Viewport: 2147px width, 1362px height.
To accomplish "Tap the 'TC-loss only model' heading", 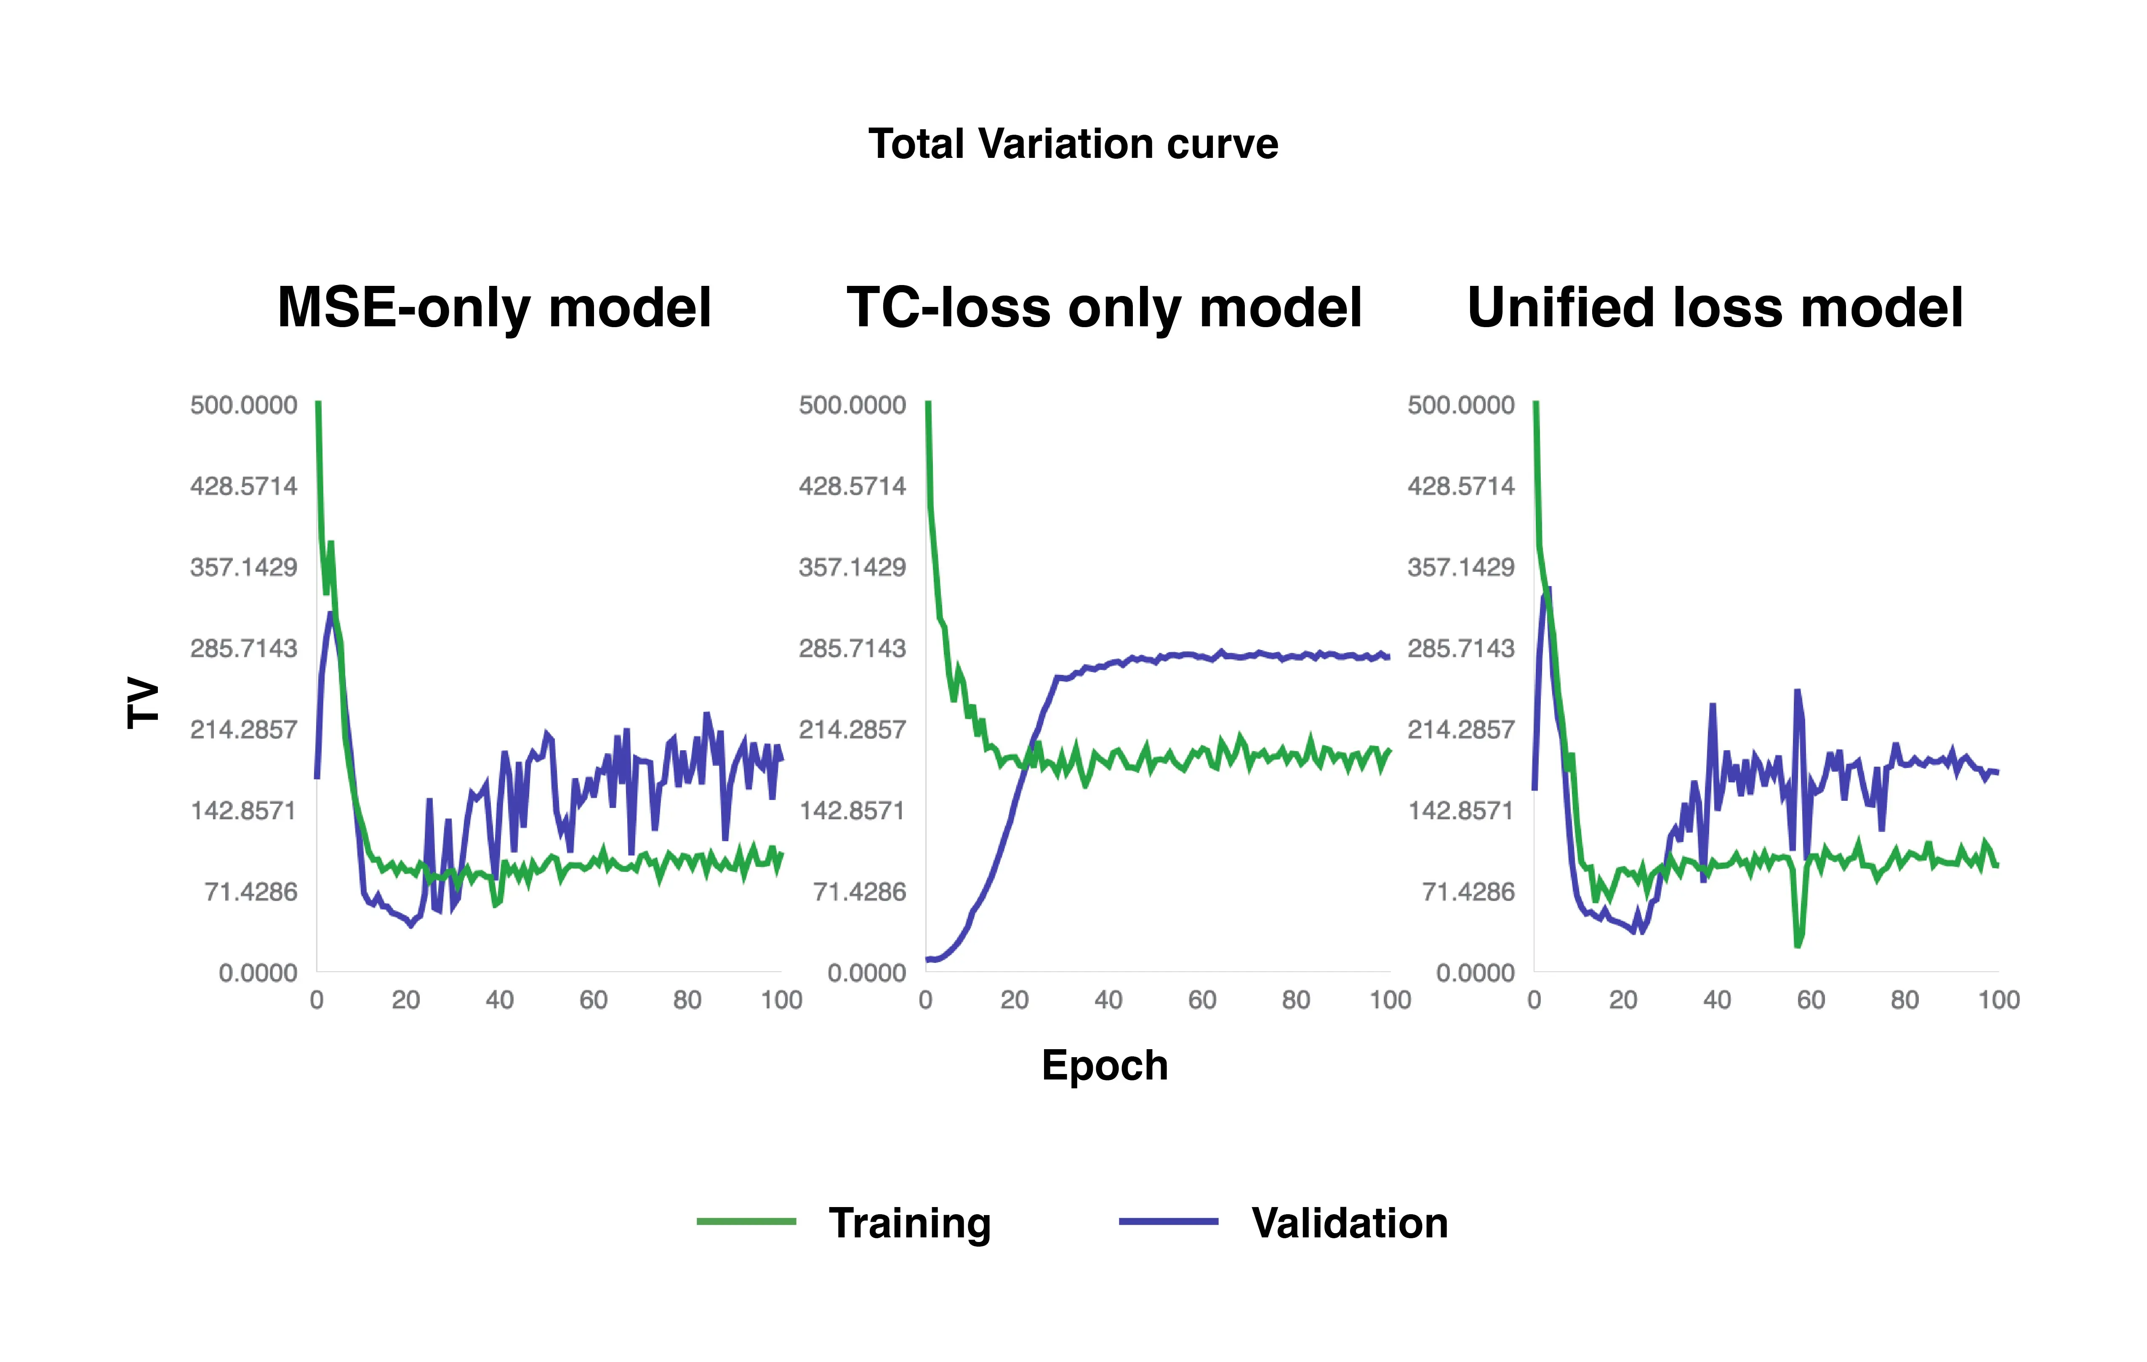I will [x=1104, y=308].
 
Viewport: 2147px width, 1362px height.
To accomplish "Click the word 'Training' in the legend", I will [x=909, y=1223].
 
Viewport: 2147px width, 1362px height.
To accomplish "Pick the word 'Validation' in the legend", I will [x=1349, y=1223].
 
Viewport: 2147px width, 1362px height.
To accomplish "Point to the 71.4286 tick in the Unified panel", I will [x=1468, y=892].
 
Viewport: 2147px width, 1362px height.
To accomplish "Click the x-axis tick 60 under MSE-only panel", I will [x=593, y=1000].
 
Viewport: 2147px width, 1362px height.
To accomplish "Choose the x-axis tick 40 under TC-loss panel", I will [x=1108, y=1000].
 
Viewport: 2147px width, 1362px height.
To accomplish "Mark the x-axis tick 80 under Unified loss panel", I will [x=1905, y=1000].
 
